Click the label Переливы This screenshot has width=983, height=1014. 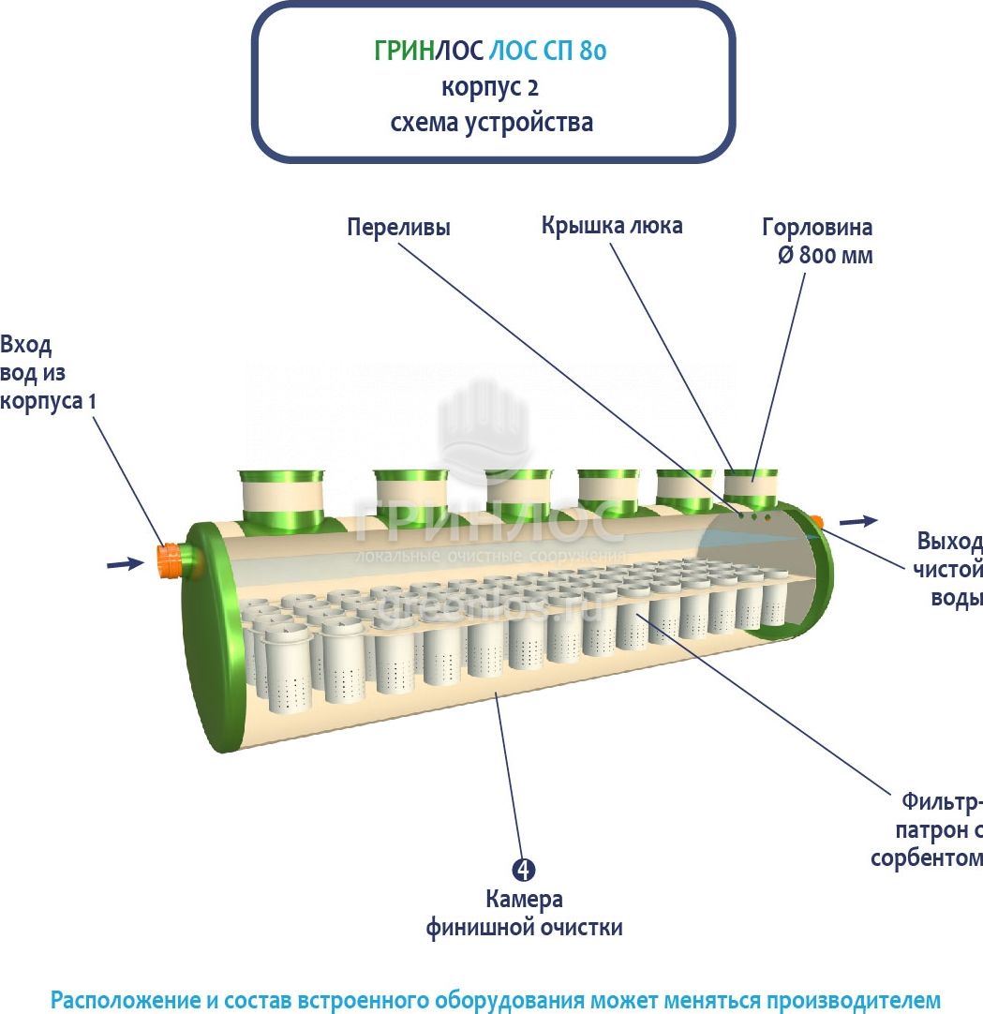(x=398, y=228)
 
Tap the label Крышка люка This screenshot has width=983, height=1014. (x=612, y=226)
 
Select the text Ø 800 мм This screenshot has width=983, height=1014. (x=825, y=255)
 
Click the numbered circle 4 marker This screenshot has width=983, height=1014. (x=524, y=870)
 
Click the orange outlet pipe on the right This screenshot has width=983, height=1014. (x=816, y=521)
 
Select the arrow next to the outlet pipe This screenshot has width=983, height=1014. (x=859, y=520)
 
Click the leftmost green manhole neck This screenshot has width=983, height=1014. (x=280, y=494)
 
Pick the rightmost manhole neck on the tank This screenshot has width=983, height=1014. (x=751, y=486)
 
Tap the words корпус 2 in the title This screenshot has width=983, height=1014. (x=490, y=87)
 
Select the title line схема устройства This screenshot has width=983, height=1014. (x=491, y=123)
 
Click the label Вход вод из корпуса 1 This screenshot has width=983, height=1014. (x=47, y=372)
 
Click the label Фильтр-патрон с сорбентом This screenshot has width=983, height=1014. (x=928, y=829)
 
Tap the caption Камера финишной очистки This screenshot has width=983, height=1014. (x=524, y=914)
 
